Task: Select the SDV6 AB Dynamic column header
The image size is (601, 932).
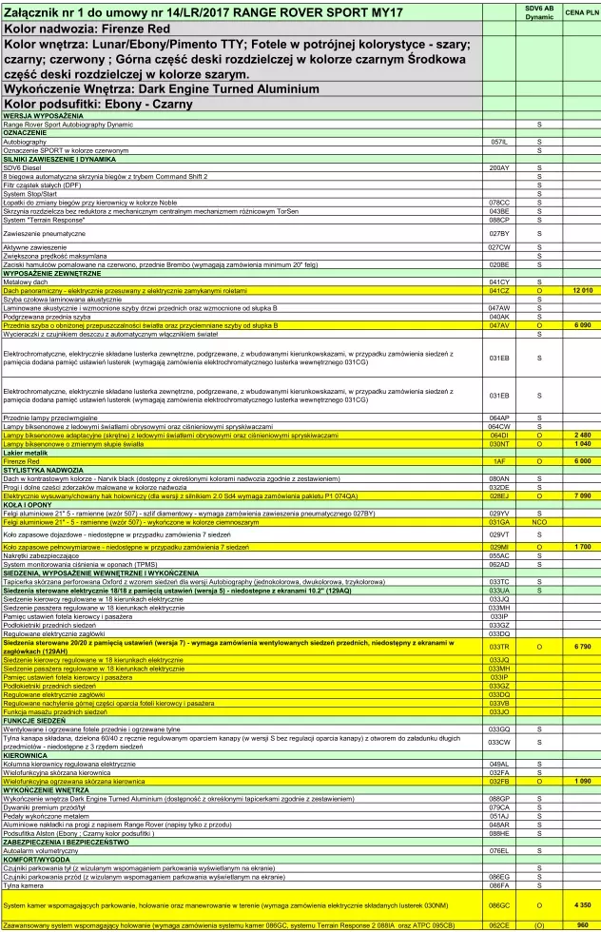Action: point(539,12)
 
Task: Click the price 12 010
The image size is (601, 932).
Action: point(582,289)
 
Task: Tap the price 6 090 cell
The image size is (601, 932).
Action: point(582,325)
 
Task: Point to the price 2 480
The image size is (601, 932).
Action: point(582,435)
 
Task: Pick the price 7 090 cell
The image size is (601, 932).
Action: point(582,495)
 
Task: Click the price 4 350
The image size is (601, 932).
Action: point(582,904)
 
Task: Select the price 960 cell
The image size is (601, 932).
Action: point(582,923)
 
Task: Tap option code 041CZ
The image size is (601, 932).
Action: point(499,289)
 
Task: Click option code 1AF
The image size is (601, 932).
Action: point(499,460)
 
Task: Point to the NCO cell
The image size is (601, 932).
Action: point(539,522)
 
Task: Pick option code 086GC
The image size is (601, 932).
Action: point(499,904)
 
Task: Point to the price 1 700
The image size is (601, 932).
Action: point(582,547)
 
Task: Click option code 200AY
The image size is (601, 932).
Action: point(499,167)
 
